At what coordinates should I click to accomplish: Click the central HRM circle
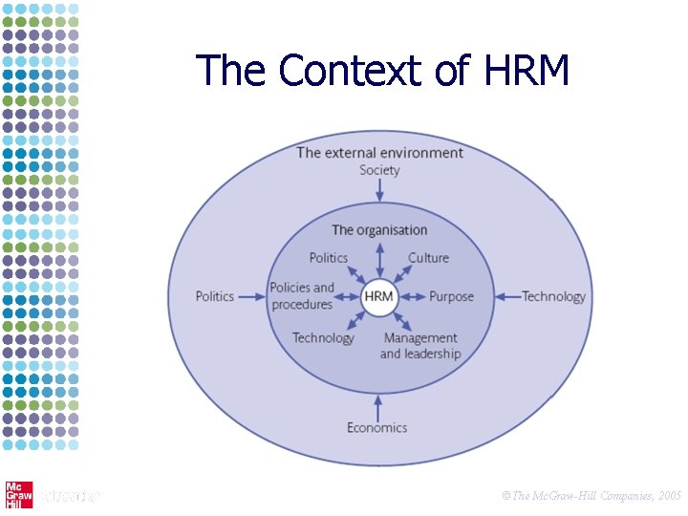(x=378, y=296)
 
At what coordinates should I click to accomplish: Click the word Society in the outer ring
(x=379, y=170)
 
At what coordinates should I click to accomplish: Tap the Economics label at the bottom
(x=376, y=427)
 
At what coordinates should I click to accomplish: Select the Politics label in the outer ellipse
(x=214, y=296)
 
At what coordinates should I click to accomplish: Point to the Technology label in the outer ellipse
(x=553, y=296)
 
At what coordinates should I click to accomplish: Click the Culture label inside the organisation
(x=428, y=257)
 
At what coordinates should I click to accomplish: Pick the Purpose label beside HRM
(x=451, y=296)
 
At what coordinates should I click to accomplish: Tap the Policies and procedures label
(x=302, y=296)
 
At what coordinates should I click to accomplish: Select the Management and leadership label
(x=420, y=346)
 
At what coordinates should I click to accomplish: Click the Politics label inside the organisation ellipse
(x=329, y=257)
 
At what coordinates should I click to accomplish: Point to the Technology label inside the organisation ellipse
(x=323, y=337)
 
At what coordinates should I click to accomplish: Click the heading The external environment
(x=379, y=152)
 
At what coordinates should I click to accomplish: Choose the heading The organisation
(x=379, y=229)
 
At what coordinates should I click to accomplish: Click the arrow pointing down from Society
(x=379, y=191)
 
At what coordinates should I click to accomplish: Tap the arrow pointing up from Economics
(x=379, y=405)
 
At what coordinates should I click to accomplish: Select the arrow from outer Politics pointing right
(x=251, y=296)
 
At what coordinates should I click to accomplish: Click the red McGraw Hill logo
(x=17, y=494)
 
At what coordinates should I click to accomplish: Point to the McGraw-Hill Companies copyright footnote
(x=591, y=496)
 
